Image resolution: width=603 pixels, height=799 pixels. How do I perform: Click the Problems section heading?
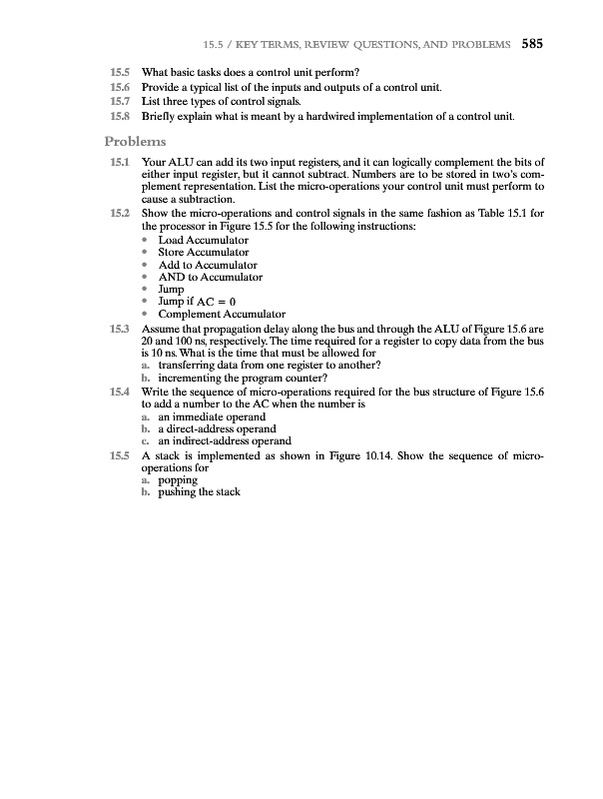pyautogui.click(x=139, y=141)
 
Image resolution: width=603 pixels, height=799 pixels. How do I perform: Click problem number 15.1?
pyautogui.click(x=120, y=162)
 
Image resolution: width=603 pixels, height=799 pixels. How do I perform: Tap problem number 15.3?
pyautogui.click(x=120, y=328)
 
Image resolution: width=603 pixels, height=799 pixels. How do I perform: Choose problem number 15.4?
pyautogui.click(x=120, y=390)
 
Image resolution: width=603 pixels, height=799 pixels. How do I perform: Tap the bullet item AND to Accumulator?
pyautogui.click(x=210, y=277)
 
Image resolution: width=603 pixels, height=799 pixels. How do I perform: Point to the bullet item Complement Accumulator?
pyautogui.click(x=222, y=315)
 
